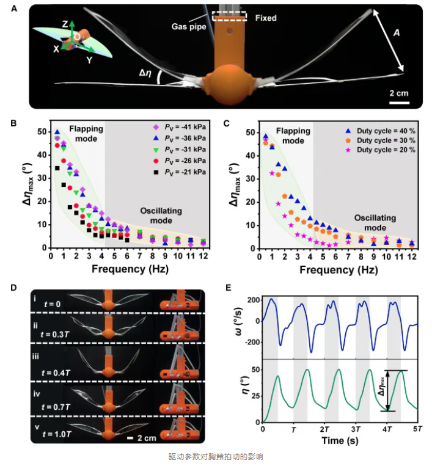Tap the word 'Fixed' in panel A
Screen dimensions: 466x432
click(x=265, y=18)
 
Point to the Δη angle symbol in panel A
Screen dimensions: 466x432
click(x=145, y=74)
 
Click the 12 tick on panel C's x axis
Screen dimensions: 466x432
click(x=412, y=255)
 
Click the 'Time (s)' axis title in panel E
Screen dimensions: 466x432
click(x=339, y=440)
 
